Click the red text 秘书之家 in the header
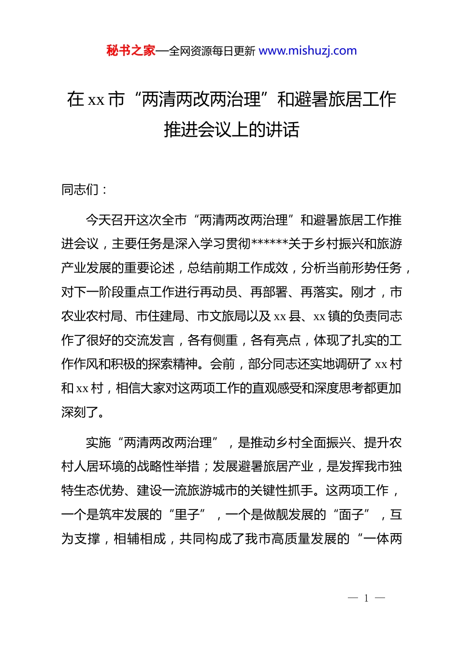[x=131, y=51]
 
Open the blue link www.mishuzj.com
[x=308, y=51]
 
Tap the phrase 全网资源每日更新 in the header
[x=212, y=51]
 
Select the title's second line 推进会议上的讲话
[x=231, y=129]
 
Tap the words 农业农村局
[x=92, y=316]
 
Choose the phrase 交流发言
[x=149, y=340]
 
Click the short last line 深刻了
[x=80, y=412]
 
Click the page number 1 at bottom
[x=366, y=598]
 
